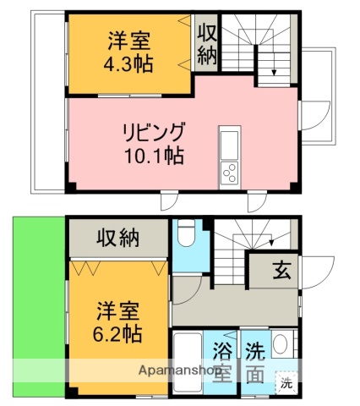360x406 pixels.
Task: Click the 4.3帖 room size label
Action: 128,65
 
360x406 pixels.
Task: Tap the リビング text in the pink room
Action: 154,132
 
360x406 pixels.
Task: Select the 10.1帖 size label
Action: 155,156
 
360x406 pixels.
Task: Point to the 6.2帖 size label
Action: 117,333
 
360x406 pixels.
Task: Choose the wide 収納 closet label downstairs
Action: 118,239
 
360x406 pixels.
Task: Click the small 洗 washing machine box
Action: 286,383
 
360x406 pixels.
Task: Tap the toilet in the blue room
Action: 186,233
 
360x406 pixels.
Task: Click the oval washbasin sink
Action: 281,344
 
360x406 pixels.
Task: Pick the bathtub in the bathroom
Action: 188,363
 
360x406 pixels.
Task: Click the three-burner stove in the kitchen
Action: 230,173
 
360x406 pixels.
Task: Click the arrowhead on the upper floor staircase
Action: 274,73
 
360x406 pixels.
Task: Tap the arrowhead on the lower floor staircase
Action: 272,243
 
